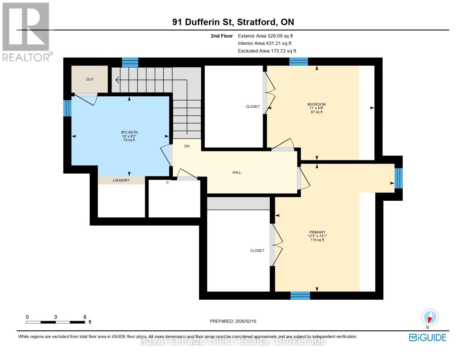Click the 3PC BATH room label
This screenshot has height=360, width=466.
click(129, 132)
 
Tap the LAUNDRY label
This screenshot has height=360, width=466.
click(121, 180)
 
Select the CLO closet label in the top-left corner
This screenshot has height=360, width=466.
click(89, 79)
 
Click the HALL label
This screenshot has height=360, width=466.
click(236, 172)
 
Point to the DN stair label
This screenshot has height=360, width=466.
click(187, 146)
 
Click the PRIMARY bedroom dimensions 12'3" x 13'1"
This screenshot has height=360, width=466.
click(317, 236)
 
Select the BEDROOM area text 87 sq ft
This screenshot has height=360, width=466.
click(317, 112)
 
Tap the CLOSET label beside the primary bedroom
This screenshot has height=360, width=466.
click(257, 250)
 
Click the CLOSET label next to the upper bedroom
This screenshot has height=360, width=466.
click(253, 106)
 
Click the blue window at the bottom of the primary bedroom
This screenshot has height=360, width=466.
click(300, 295)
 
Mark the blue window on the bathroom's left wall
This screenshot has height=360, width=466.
click(67, 108)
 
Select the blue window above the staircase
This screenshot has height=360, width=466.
click(130, 62)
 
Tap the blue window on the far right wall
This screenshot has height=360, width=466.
click(398, 178)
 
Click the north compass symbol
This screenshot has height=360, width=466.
click(430, 317)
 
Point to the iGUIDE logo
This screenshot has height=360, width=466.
click(427, 337)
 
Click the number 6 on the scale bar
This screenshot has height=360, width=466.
click(85, 317)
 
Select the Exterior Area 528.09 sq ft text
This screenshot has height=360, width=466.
click(265, 36)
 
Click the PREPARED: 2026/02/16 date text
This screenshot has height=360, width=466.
click(233, 321)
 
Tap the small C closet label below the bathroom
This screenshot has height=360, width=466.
click(167, 182)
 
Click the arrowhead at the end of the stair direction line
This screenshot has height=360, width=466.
click(117, 80)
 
